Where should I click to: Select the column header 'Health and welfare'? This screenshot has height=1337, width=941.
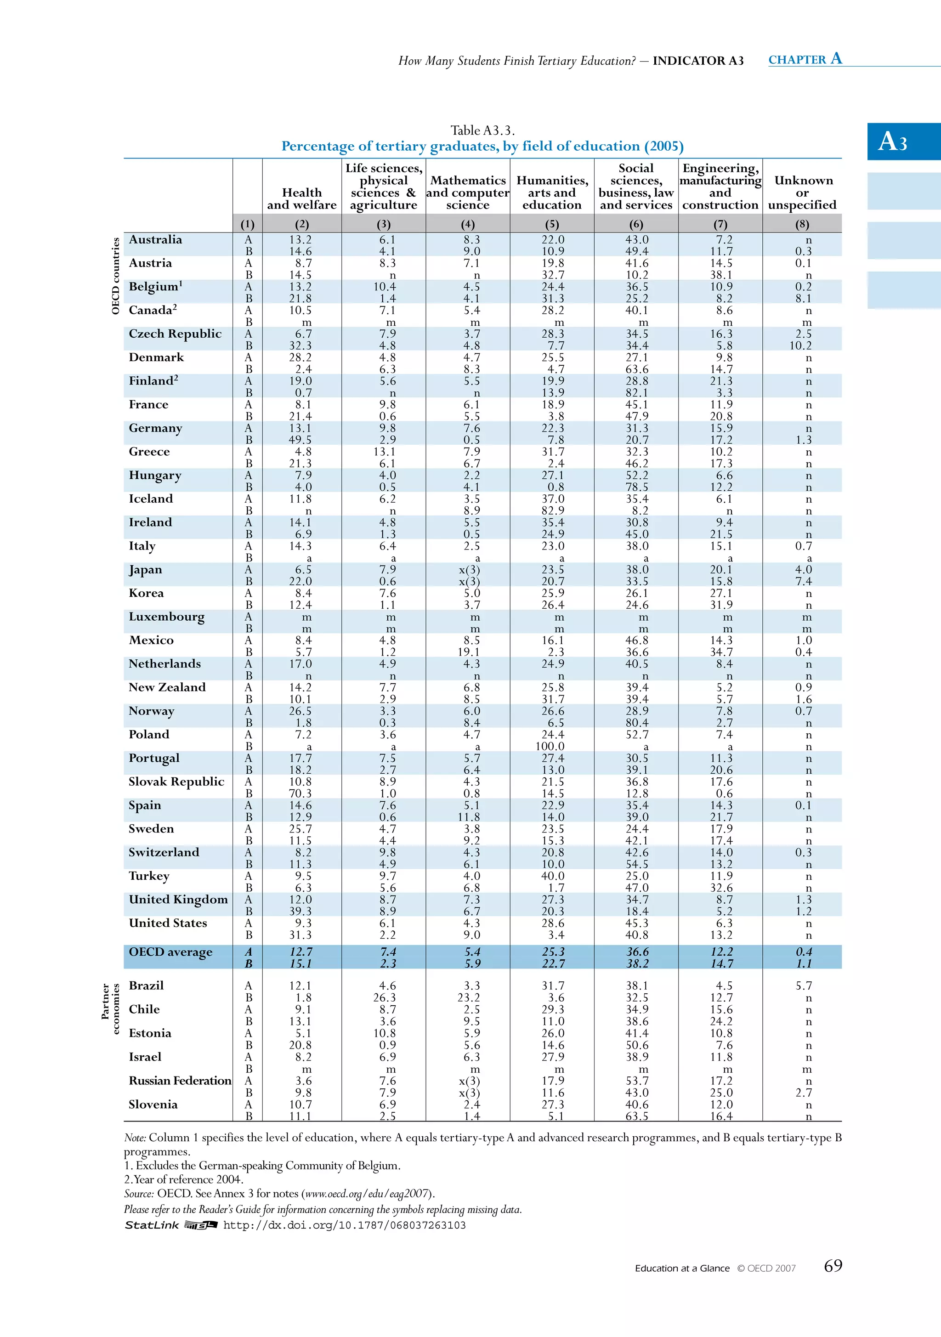[x=301, y=198]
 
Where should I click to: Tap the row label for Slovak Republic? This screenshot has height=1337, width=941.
[x=176, y=782]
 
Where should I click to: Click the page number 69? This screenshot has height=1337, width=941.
[x=833, y=1265]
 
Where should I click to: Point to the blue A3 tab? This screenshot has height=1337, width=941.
[x=903, y=141]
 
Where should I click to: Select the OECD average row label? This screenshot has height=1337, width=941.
[x=170, y=952]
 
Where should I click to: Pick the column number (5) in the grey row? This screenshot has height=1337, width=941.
[x=551, y=224]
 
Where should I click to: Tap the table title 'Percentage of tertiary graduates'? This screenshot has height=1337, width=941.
[x=482, y=146]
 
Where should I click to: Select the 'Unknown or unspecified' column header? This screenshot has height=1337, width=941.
[x=802, y=192]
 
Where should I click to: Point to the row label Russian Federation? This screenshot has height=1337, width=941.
[x=180, y=1080]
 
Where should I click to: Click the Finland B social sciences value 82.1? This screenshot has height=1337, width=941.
[x=636, y=392]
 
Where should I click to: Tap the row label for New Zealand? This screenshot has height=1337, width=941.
[x=167, y=687]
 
